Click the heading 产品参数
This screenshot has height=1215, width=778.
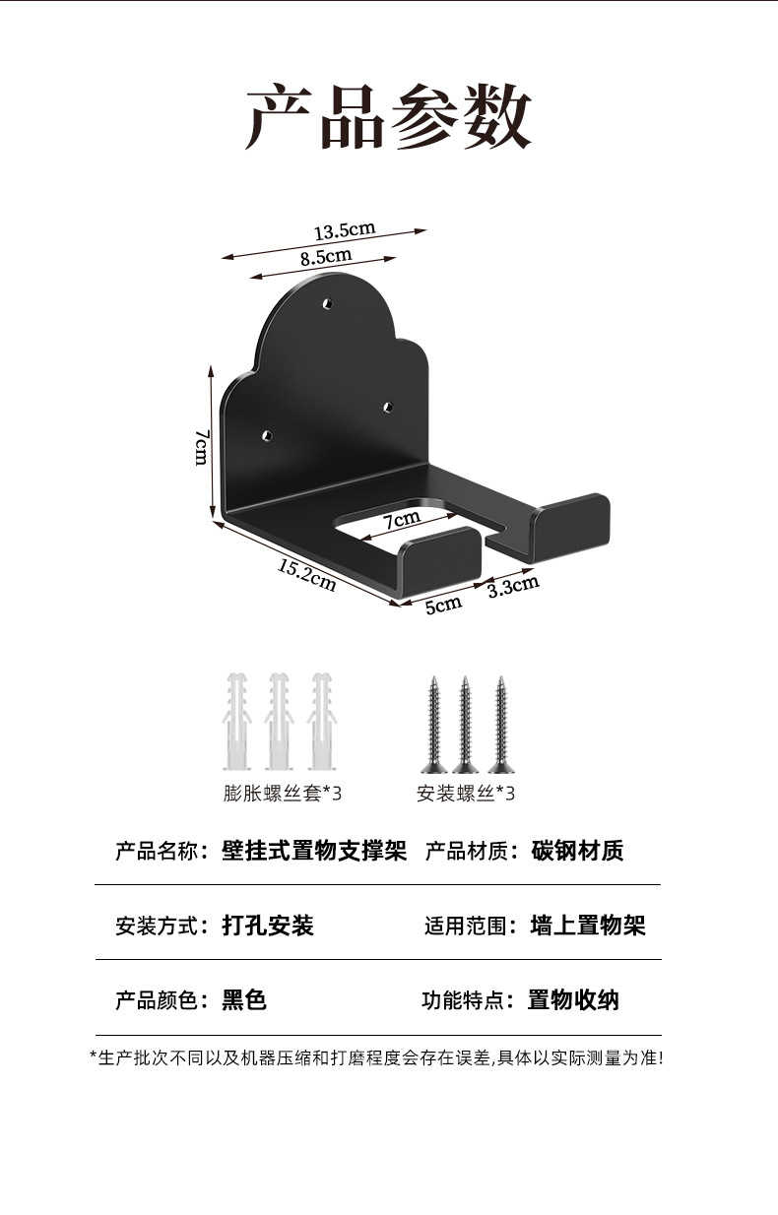[x=389, y=117]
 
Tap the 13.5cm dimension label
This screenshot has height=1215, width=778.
[x=345, y=230]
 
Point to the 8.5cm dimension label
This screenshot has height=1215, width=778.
[x=326, y=258]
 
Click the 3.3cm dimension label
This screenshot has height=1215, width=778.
[x=513, y=587]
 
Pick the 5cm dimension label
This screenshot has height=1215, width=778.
[x=443, y=604]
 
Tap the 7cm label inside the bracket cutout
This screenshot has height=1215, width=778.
[x=402, y=518]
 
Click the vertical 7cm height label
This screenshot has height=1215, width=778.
[x=200, y=448]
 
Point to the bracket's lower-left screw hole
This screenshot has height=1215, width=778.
[x=267, y=434]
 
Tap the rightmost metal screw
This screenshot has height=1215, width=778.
[x=501, y=724]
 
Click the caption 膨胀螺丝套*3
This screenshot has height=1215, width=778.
[x=283, y=793]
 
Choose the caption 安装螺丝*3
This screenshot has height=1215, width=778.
[x=466, y=793]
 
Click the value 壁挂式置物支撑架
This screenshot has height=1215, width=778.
[x=314, y=851]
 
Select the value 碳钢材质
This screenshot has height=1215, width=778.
[x=577, y=851]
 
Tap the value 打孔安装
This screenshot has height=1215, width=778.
[x=268, y=926]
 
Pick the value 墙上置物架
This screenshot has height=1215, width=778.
[x=588, y=926]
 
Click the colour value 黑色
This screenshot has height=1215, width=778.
[x=244, y=1000]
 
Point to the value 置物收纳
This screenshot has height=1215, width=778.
[x=573, y=1000]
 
